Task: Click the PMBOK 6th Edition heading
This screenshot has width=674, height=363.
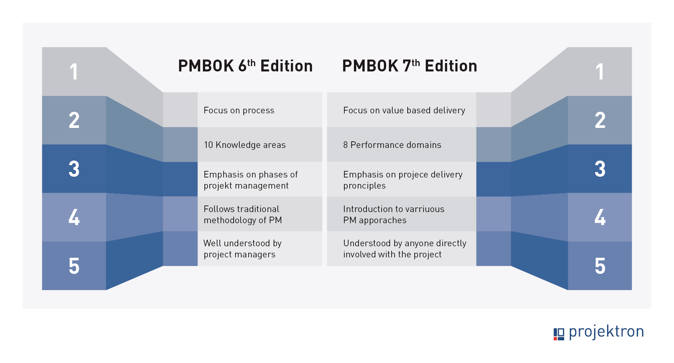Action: point(245,66)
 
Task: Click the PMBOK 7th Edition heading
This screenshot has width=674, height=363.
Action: point(410,66)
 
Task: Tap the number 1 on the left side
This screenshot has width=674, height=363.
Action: point(74,72)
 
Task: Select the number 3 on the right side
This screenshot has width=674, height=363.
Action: point(600,169)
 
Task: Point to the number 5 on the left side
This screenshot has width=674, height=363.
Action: point(74,266)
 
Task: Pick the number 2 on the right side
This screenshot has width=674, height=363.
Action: point(600,120)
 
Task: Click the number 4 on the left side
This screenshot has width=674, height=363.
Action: point(74,217)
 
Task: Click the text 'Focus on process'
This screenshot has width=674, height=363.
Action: point(239,110)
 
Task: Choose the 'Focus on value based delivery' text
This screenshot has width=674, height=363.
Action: point(404,110)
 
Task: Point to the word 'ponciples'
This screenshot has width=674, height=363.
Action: point(364,186)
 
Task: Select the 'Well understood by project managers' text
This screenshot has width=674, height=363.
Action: point(242,249)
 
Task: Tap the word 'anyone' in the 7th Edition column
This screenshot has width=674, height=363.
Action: point(419,244)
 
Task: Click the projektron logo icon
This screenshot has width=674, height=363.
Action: point(559,334)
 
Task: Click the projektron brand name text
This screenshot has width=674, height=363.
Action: point(606,332)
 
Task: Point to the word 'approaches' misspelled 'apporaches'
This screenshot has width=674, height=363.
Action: point(382,220)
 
